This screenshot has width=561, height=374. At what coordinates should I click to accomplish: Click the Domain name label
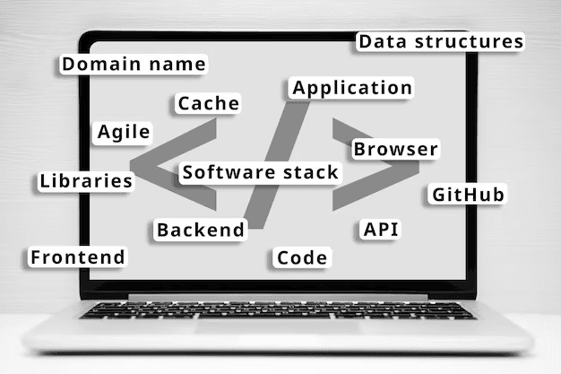(134, 65)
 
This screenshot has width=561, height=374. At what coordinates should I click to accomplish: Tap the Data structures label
(440, 41)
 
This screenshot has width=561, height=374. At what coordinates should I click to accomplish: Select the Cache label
(208, 103)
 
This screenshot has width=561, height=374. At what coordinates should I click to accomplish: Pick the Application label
(352, 88)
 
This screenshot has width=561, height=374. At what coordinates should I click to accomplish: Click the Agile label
(124, 132)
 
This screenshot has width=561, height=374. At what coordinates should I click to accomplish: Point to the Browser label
(395, 149)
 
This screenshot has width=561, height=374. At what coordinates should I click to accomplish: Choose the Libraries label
(86, 180)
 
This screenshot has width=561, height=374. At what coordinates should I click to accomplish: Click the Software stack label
(261, 172)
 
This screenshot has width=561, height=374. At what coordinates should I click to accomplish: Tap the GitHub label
(469, 195)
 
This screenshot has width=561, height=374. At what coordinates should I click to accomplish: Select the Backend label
(200, 230)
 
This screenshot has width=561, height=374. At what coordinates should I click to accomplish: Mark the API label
(381, 229)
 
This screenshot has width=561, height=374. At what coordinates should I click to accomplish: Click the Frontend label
(78, 257)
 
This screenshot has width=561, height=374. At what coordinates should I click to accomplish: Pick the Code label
(302, 258)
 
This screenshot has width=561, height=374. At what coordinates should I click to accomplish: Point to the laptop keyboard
(278, 310)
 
